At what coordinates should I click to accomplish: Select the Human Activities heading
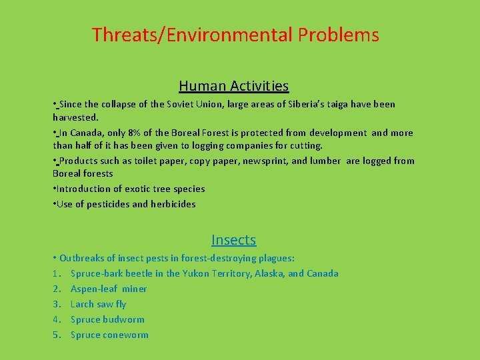pos(233,86)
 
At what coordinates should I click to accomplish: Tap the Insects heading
pos(233,240)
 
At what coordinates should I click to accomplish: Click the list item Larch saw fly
pos(98,304)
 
